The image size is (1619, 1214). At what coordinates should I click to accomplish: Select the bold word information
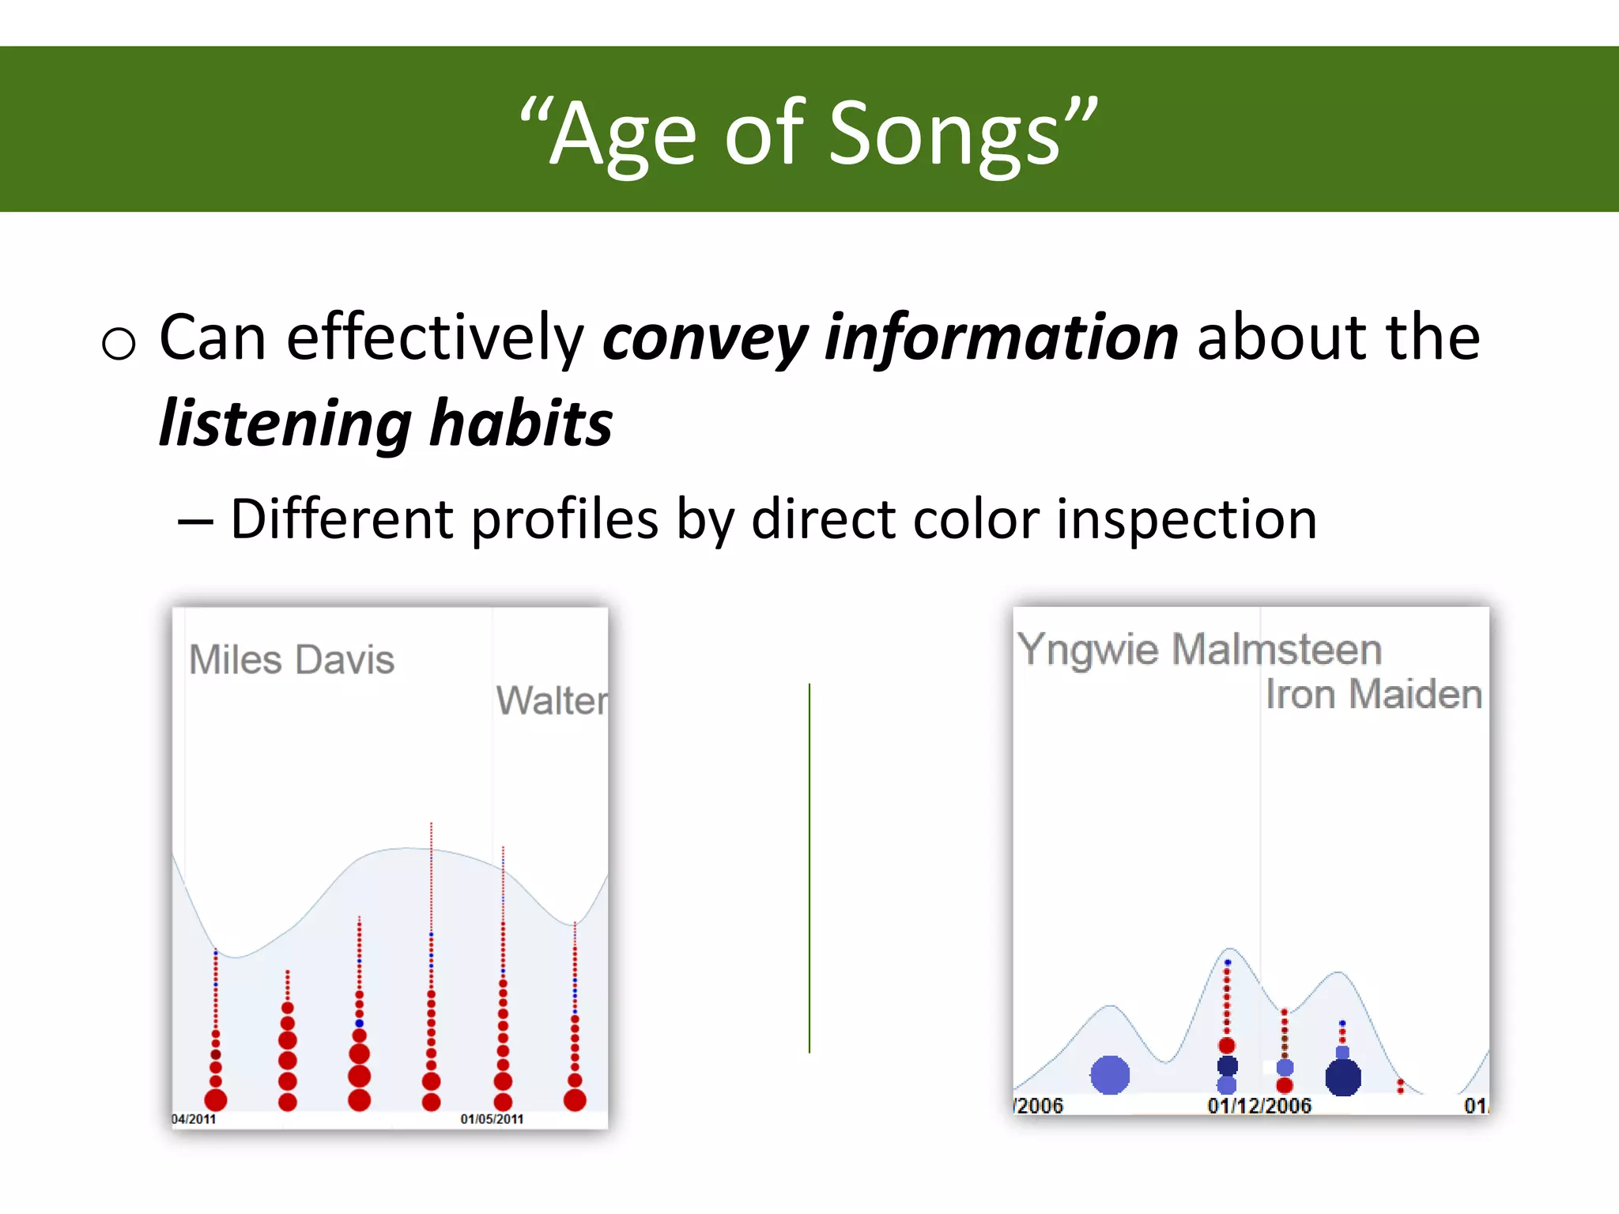tap(1001, 338)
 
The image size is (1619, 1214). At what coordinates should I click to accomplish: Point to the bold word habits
tap(521, 424)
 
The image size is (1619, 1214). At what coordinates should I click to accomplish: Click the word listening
tap(285, 425)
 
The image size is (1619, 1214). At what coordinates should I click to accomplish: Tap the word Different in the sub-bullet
tap(342, 520)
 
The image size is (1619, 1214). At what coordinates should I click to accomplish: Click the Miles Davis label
tap(292, 660)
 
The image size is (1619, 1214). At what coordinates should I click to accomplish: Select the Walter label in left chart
tap(552, 700)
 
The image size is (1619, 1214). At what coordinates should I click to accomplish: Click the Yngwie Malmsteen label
tap(1199, 650)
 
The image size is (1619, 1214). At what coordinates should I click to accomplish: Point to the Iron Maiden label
tap(1373, 694)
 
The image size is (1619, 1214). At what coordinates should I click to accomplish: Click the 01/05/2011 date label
tap(492, 1119)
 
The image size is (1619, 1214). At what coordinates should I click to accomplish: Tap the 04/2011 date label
tap(194, 1119)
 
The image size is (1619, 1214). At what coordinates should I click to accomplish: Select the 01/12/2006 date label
tap(1259, 1106)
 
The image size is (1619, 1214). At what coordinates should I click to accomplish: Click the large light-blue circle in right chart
tap(1110, 1075)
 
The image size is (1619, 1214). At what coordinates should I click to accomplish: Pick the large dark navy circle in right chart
tap(1343, 1077)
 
